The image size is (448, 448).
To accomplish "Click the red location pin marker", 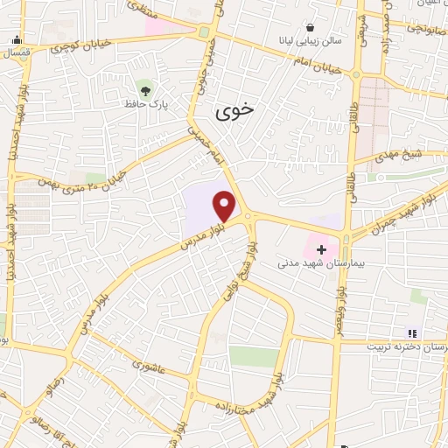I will [226, 206].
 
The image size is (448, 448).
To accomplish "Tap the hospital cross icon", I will [321, 248].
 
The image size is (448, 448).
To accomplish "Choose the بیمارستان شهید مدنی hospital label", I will [315, 262].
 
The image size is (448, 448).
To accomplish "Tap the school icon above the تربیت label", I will [412, 332].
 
